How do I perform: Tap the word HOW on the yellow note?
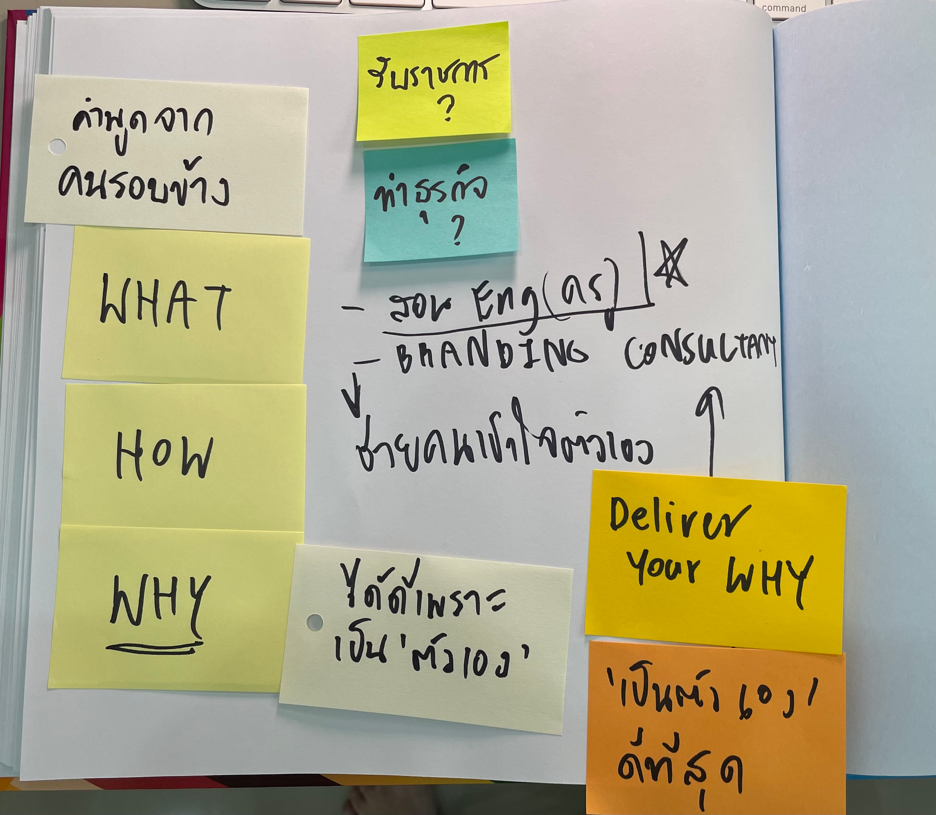[x=164, y=457]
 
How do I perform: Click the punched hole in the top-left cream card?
[x=57, y=147]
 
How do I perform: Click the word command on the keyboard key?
[x=784, y=8]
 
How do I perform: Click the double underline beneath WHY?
[x=154, y=648]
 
